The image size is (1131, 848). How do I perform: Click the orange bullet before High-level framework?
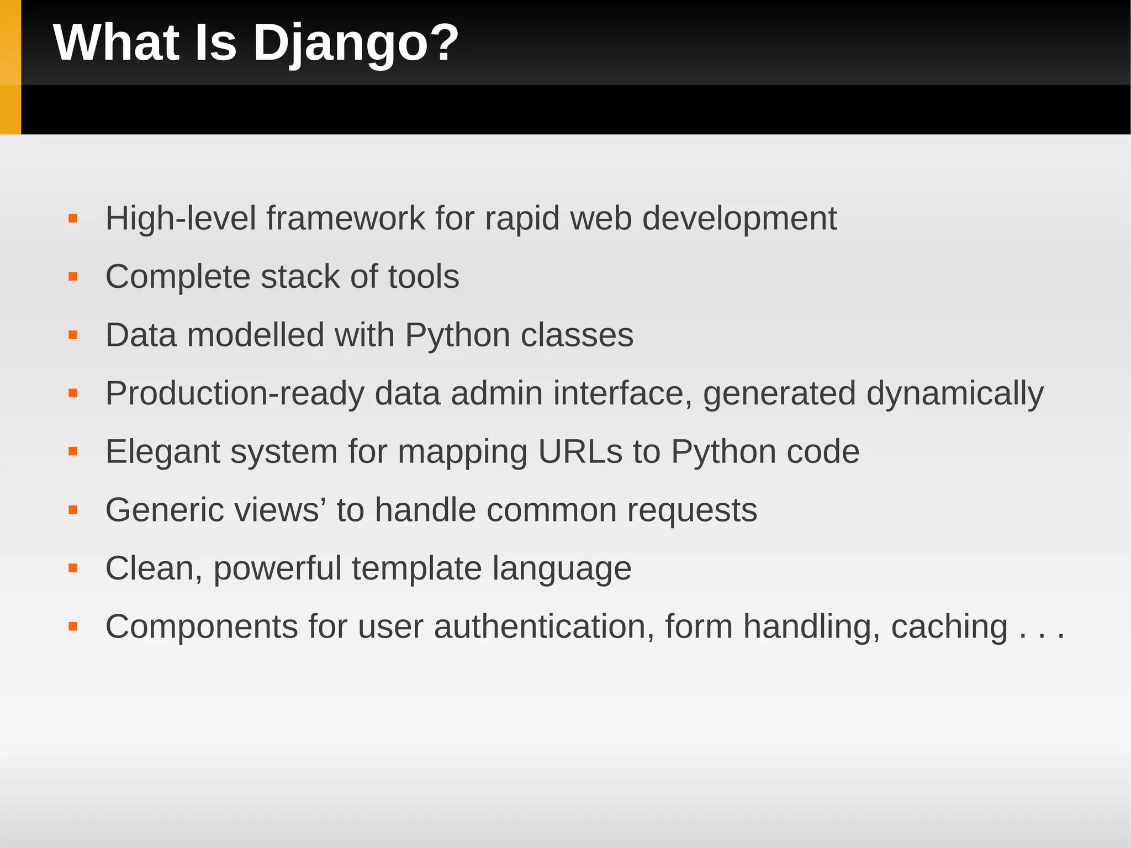(73, 219)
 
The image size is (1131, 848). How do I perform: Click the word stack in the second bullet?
(300, 277)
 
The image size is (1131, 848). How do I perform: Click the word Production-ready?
(235, 394)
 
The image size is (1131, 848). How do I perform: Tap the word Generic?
(165, 510)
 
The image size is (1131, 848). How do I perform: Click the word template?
(416, 569)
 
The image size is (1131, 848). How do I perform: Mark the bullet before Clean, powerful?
(73, 568)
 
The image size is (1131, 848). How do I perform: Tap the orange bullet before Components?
(73, 626)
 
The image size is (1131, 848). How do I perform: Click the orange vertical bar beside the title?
(10, 67)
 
